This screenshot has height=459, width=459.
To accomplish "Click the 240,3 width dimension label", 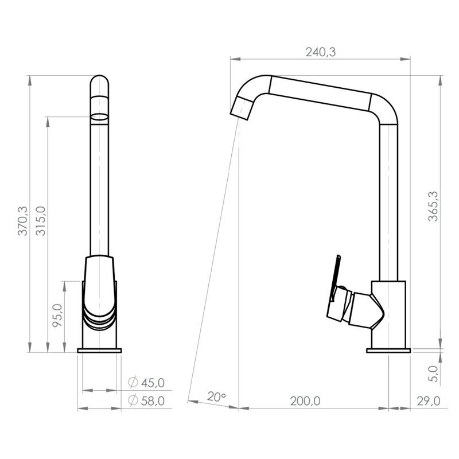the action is (x=321, y=52).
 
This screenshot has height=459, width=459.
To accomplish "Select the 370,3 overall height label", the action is (x=23, y=221).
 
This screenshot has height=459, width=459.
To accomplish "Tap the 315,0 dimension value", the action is (x=41, y=221).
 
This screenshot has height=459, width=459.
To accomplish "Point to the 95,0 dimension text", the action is (x=57, y=315).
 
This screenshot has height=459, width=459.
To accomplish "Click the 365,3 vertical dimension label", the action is (x=433, y=206).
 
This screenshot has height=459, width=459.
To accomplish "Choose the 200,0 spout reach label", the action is (x=305, y=401).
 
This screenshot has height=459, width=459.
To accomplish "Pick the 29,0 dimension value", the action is (x=428, y=401).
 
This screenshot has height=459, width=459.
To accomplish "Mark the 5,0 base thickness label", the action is (x=433, y=374).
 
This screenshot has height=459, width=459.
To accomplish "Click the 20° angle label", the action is (x=216, y=396).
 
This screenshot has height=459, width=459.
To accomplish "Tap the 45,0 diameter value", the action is (x=153, y=383).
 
